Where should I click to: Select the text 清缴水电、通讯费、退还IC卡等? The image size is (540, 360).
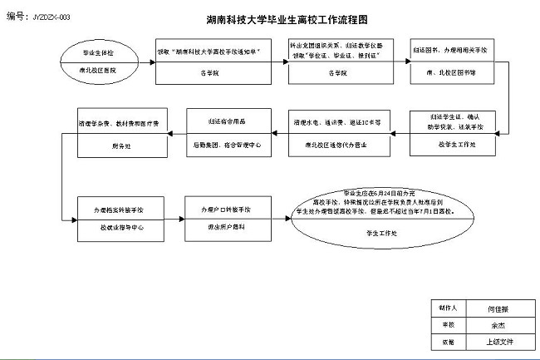pos(336,121)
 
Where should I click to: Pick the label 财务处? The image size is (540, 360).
pos(121,145)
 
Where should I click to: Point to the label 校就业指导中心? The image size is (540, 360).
pos(118,227)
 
